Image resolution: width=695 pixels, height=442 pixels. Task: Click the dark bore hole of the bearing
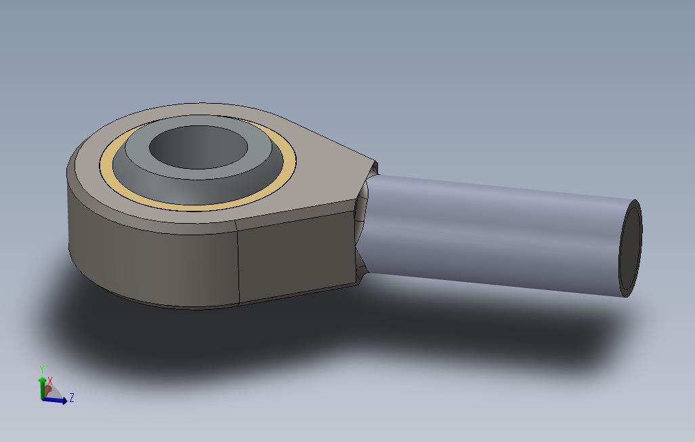[198, 147]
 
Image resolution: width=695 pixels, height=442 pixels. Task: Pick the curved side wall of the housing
[150, 262]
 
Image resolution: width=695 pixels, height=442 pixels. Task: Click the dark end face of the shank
[630, 249]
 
